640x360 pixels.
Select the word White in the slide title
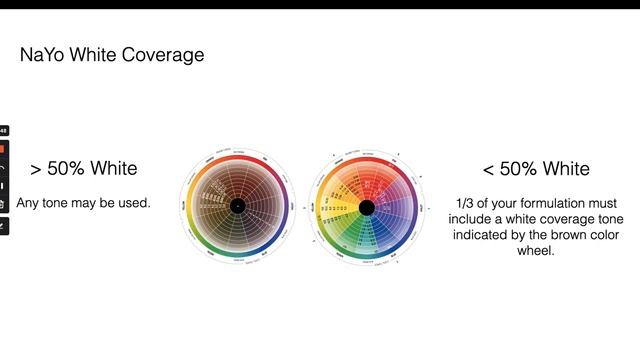point(98,55)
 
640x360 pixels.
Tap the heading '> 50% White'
point(84,168)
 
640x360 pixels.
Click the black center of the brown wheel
point(237,207)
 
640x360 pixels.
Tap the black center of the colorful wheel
point(366,207)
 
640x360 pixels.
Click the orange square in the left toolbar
point(3,148)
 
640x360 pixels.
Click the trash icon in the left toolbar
point(3,204)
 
